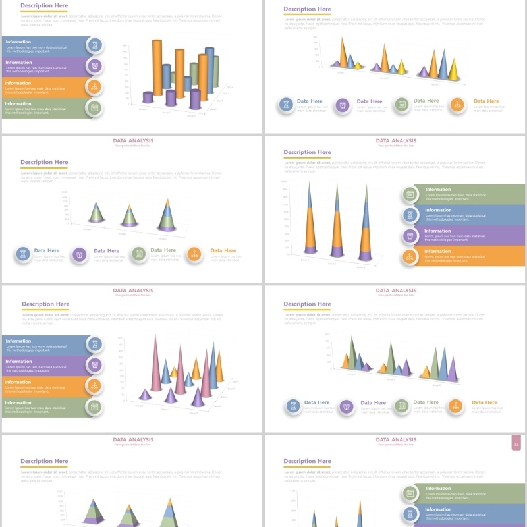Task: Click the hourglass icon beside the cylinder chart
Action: click(96, 45)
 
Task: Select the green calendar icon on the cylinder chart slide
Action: click(95, 107)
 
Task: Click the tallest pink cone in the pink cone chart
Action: click(155, 362)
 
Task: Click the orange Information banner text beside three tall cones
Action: click(437, 251)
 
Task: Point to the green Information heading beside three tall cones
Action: click(437, 190)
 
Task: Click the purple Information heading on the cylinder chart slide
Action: click(19, 63)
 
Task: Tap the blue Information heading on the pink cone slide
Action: click(19, 341)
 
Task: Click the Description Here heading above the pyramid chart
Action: click(44, 462)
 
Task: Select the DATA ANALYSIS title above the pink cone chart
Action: click(133, 290)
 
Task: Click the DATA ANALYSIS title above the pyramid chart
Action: click(133, 439)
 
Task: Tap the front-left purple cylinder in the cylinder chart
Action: click(148, 97)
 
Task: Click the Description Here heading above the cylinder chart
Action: click(44, 5)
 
